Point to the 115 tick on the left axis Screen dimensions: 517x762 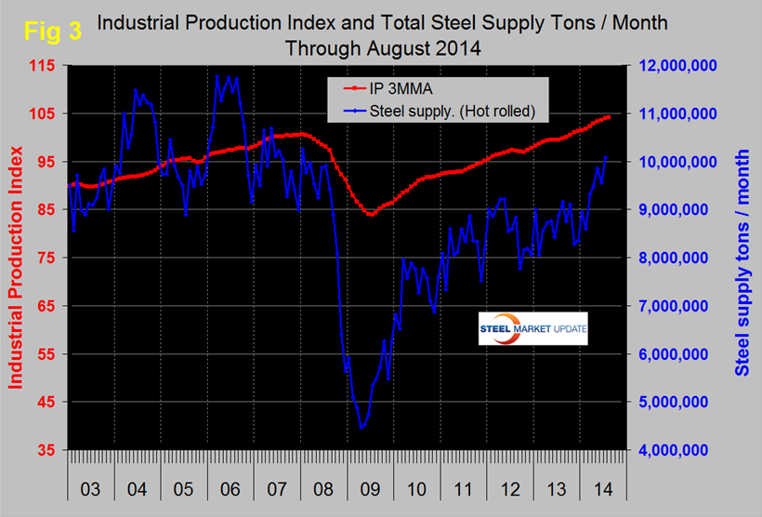point(46,65)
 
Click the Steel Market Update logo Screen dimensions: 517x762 point(533,329)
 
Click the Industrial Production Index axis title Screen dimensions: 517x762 point(16,258)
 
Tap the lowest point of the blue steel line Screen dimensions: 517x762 point(361,428)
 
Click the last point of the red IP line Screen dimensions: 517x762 point(609,116)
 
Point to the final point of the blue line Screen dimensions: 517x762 point(607,157)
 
